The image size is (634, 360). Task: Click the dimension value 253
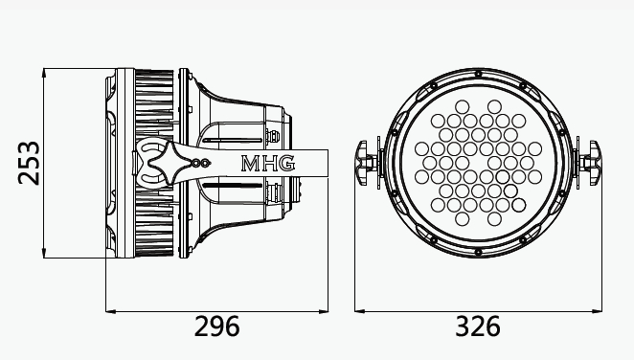[x=29, y=163]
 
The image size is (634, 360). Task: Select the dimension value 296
[x=217, y=326]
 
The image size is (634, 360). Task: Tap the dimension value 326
[x=478, y=326]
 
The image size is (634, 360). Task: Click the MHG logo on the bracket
[x=268, y=163]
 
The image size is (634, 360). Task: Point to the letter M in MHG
[x=250, y=164]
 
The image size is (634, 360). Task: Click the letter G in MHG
[x=287, y=163]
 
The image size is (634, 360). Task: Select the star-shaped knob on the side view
[x=168, y=163]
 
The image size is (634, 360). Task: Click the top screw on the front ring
[x=478, y=74]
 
